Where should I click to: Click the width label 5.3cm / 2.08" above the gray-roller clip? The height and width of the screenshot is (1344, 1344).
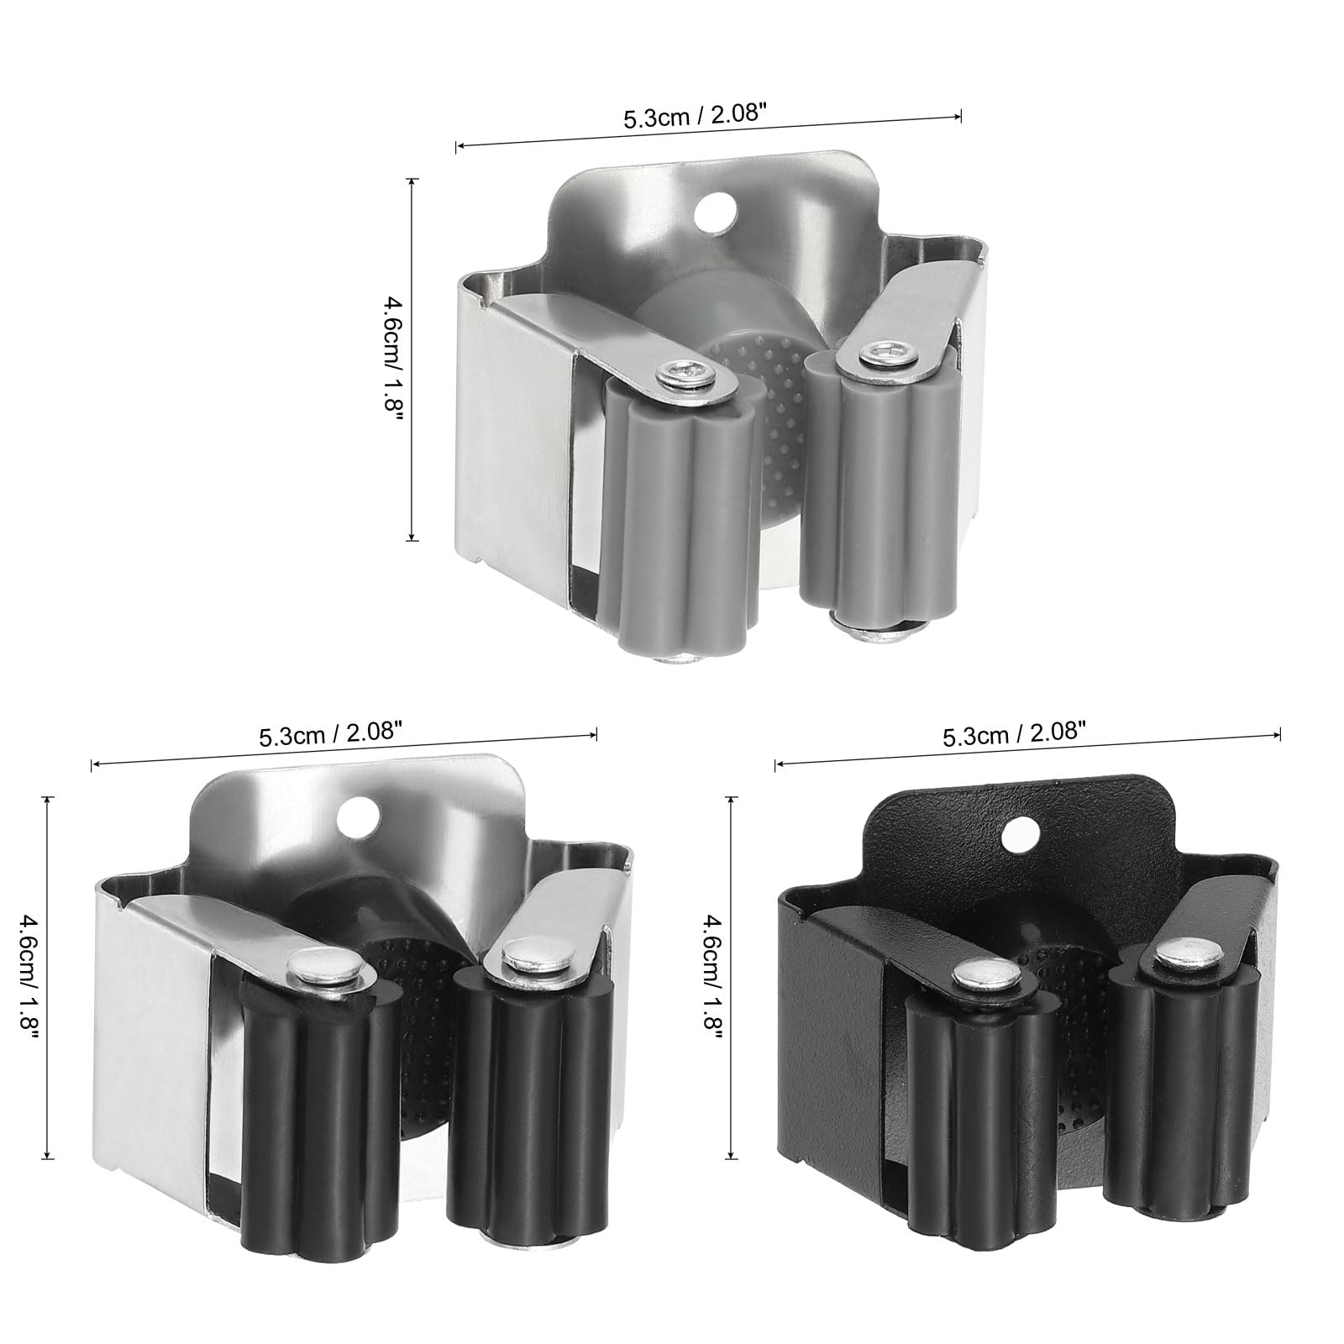694,118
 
